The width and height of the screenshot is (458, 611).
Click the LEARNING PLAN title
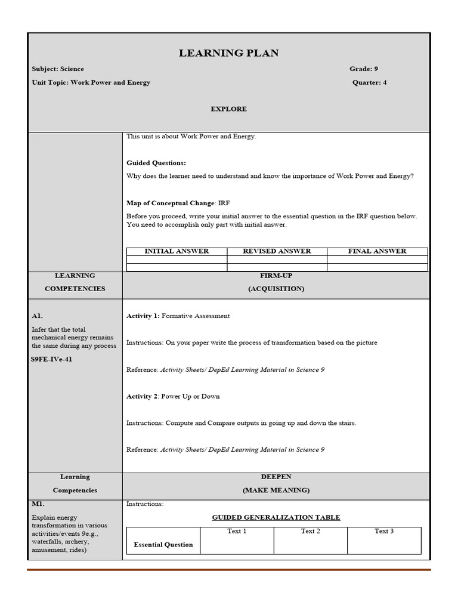pos(228,54)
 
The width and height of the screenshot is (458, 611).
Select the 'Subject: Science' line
pos(58,69)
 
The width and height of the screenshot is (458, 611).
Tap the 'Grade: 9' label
pos(364,69)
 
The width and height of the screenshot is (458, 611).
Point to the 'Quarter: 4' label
pos(369,82)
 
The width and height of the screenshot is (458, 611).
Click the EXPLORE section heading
pos(228,109)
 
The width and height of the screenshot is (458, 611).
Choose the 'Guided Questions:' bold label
pos(156,163)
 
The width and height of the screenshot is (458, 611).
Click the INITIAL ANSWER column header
pos(177,251)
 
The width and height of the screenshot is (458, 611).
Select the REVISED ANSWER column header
pos(277,251)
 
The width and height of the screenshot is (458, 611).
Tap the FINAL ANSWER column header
pos(377,251)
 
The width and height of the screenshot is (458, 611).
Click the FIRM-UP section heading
pos(276,276)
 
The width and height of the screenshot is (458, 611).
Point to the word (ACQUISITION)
pos(276,289)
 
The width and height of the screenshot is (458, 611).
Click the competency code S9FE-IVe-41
pos(52,359)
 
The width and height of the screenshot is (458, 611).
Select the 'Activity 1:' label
pos(143,316)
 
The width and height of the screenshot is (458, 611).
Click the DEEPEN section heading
pos(276,477)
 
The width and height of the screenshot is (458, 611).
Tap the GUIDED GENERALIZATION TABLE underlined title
pos(276,517)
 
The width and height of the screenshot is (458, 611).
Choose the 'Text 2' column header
pos(311,531)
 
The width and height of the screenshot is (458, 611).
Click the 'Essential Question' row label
pos(163,545)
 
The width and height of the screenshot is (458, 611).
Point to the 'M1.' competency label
pos(38,504)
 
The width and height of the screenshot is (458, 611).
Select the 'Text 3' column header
pos(384,531)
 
